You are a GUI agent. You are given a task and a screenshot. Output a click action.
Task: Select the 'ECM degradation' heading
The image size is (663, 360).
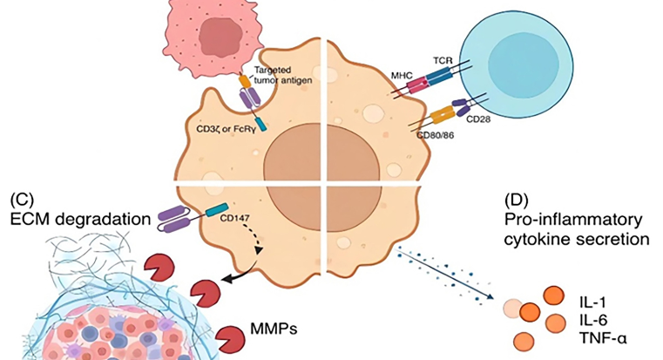pos(77,218)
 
